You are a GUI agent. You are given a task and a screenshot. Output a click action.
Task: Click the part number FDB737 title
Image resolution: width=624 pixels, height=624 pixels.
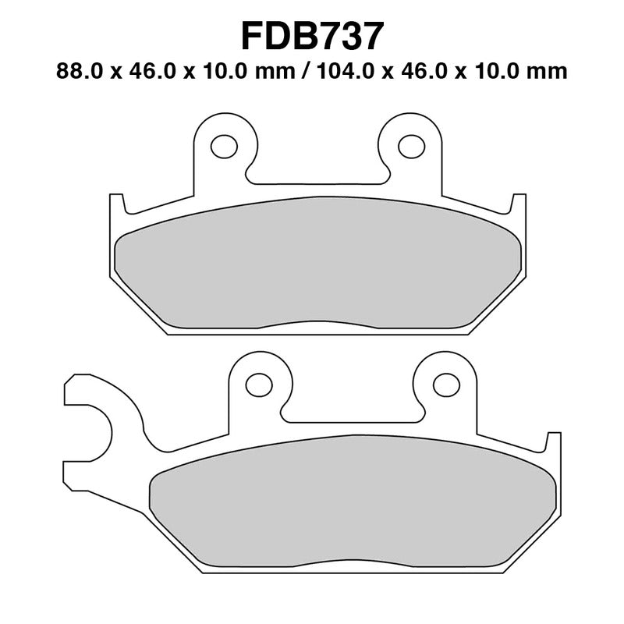tap(312, 35)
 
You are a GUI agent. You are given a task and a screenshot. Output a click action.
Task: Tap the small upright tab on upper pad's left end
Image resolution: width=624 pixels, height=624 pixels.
tap(116, 204)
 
